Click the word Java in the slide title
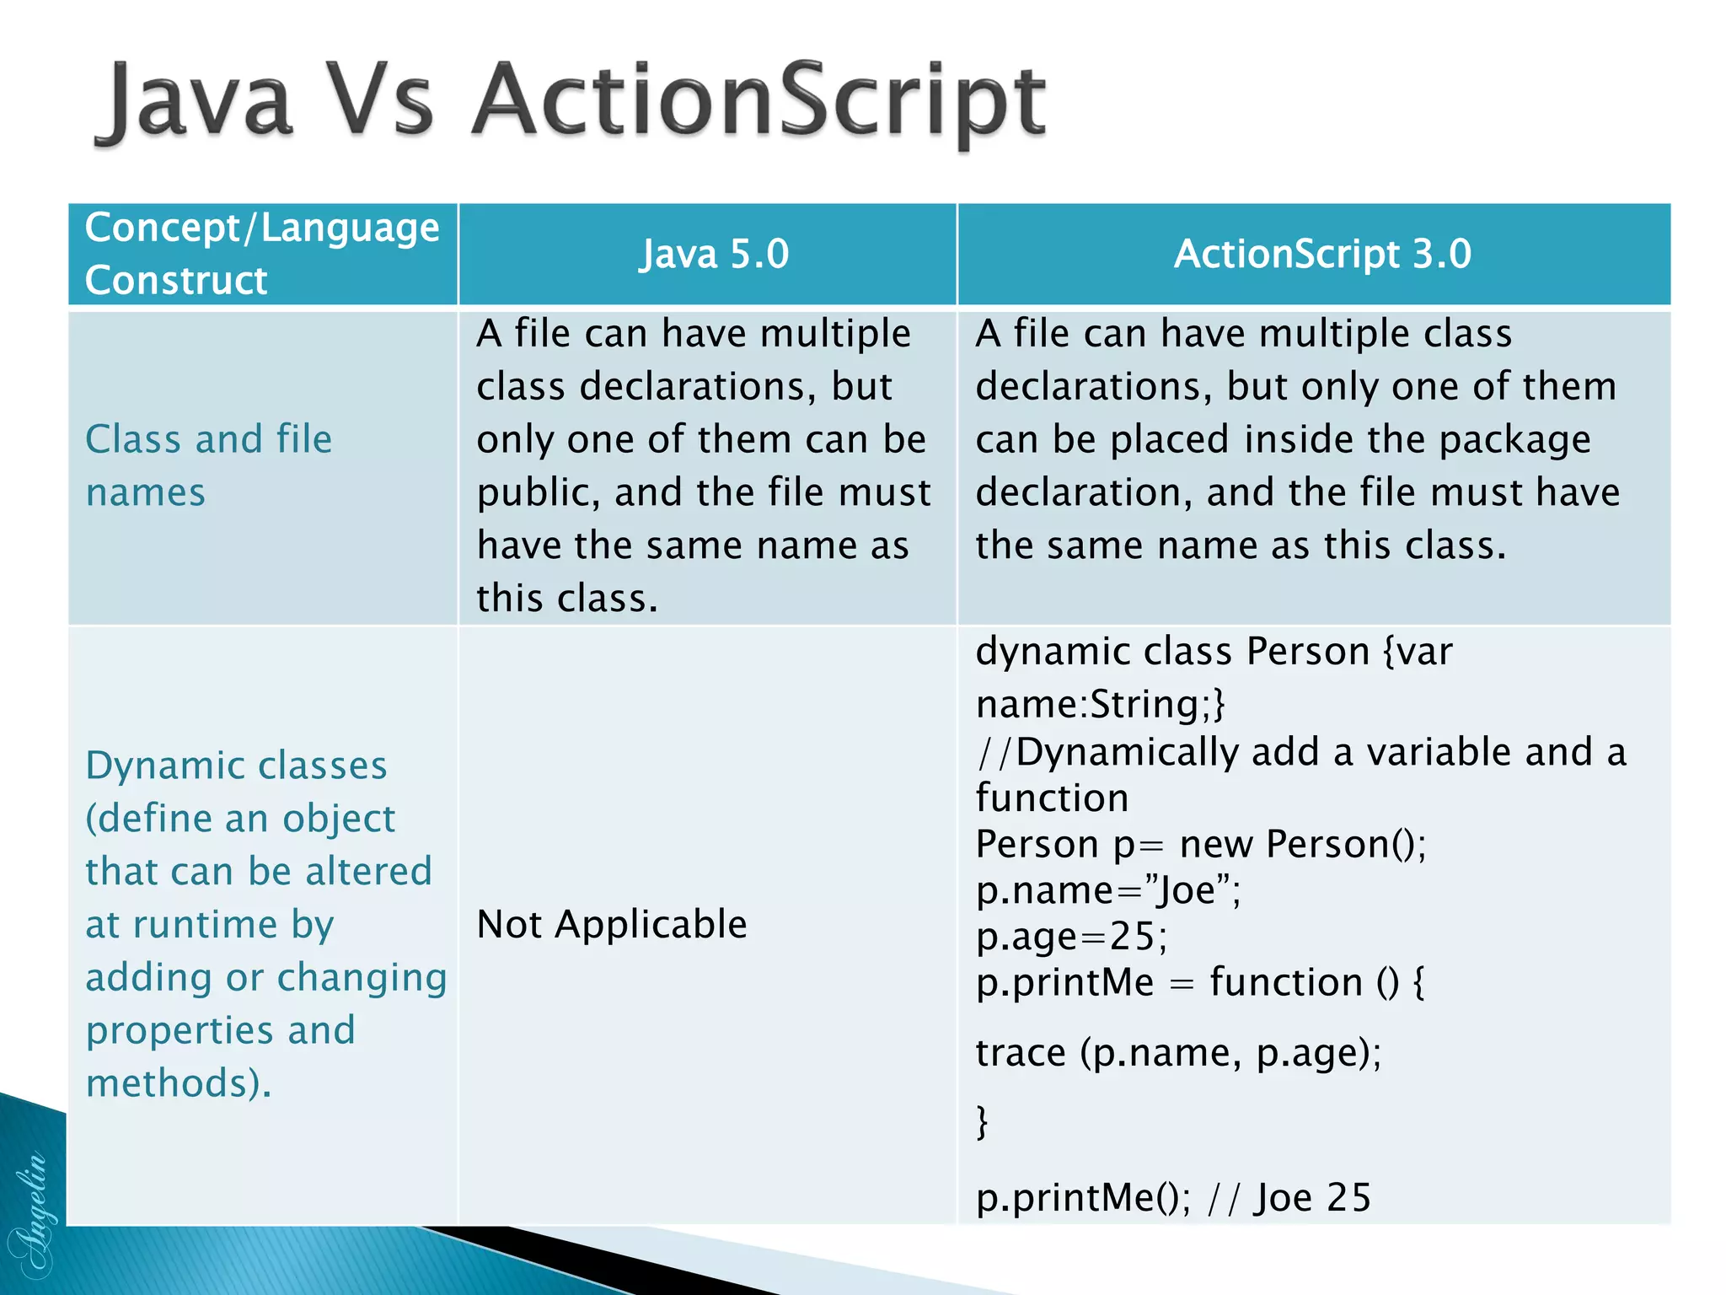(x=198, y=103)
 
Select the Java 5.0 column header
(x=714, y=254)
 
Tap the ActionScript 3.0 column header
(x=1322, y=254)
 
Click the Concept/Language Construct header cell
(x=261, y=254)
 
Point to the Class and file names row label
(x=208, y=465)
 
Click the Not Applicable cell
(x=612, y=924)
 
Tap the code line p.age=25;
(x=1071, y=937)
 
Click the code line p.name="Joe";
(x=1107, y=890)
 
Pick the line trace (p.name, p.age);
(x=1178, y=1053)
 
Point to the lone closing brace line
(x=982, y=1122)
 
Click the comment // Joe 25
(x=1289, y=1198)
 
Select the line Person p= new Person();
(x=1200, y=844)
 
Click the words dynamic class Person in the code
(x=1172, y=652)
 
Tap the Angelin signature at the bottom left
(x=30, y=1214)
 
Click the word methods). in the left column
(x=179, y=1083)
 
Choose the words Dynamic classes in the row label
(x=236, y=766)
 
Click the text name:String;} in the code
(x=1100, y=704)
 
